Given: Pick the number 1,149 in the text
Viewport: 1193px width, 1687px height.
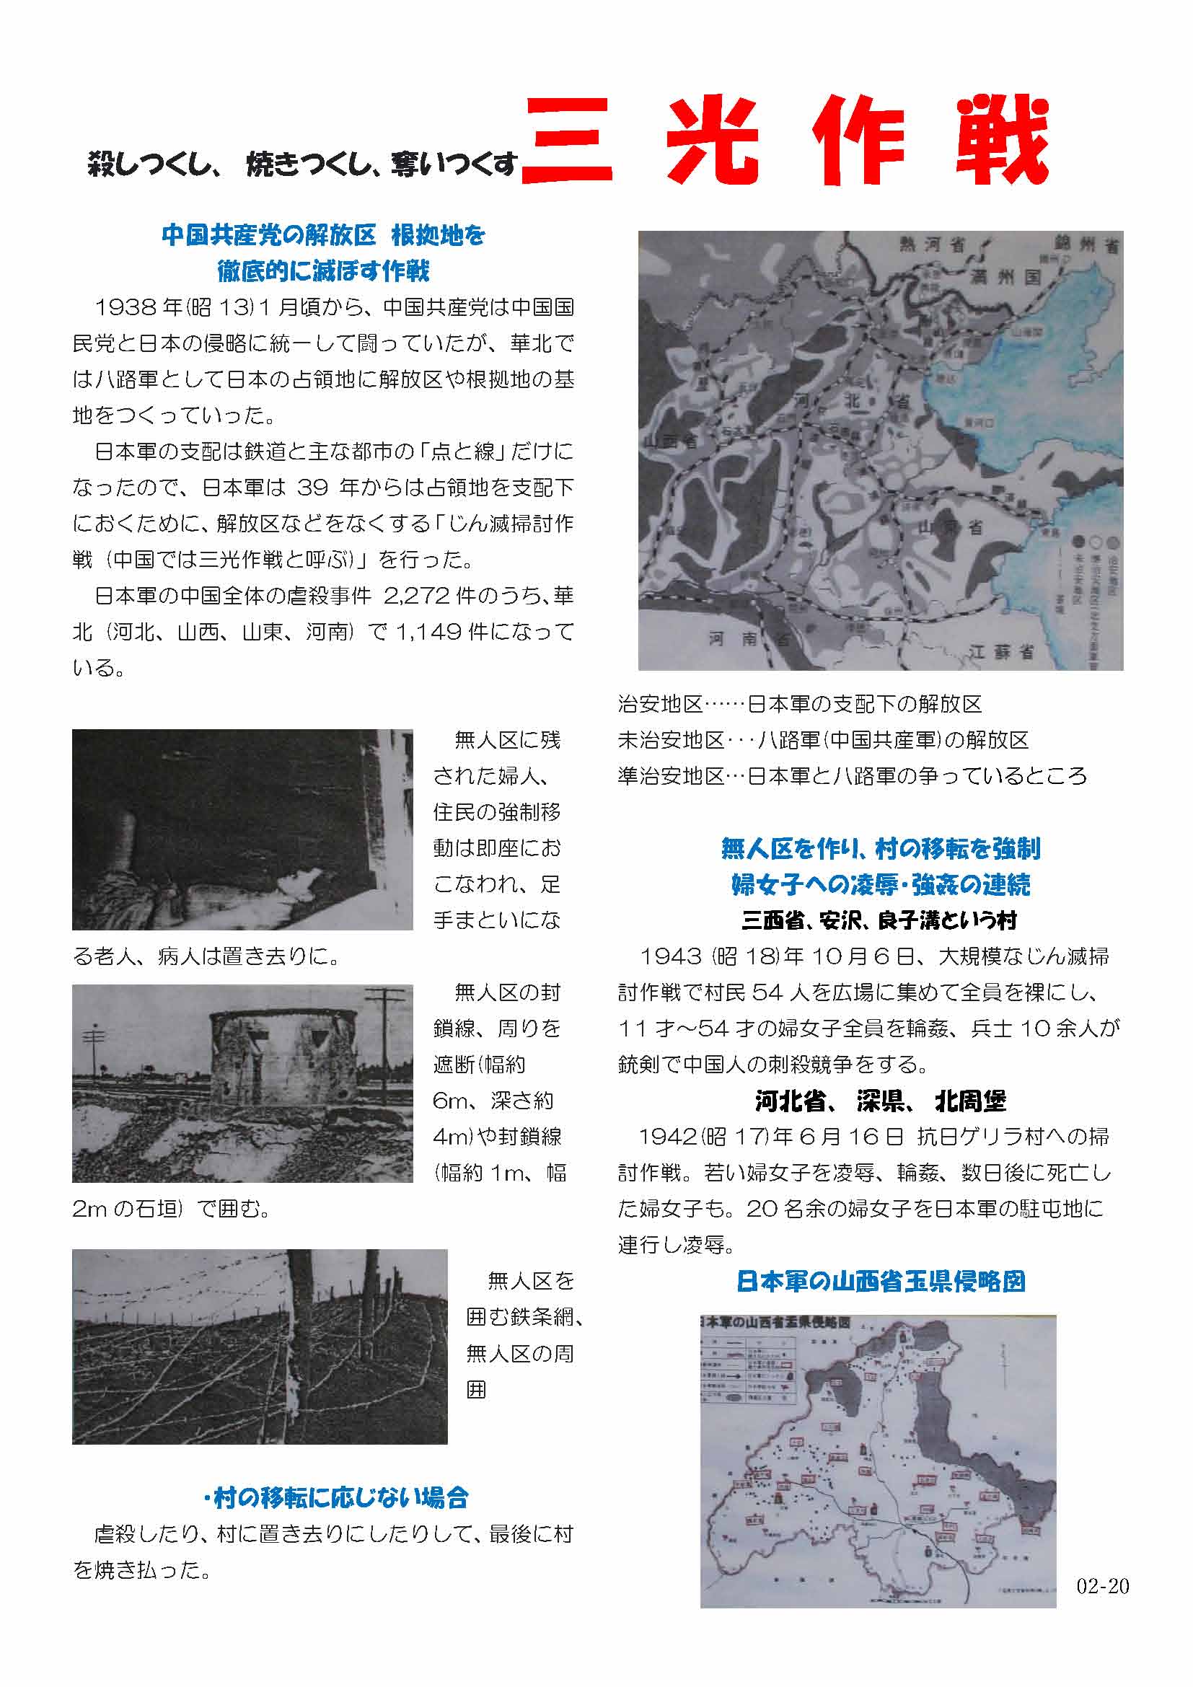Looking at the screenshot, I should tap(428, 632).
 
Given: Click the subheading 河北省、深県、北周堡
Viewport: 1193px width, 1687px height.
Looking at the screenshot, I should tap(880, 1101).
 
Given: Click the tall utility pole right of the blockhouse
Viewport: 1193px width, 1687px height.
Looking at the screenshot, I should tap(385, 1044).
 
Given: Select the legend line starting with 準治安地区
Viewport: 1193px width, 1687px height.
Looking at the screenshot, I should tap(852, 776).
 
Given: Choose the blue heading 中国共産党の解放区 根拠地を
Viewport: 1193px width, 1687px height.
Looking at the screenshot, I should tap(323, 236).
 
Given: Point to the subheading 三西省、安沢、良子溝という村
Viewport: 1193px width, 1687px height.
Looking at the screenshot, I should tap(880, 920).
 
